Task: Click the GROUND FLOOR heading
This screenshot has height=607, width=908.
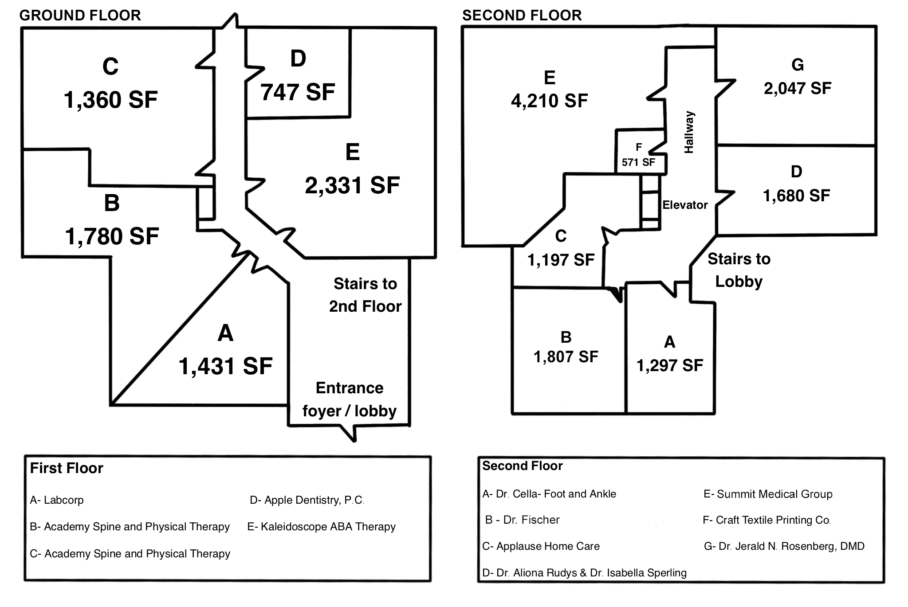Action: [80, 16]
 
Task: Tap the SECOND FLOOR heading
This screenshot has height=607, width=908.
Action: [522, 16]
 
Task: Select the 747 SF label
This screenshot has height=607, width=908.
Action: [298, 92]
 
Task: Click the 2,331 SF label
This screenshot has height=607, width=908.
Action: [352, 185]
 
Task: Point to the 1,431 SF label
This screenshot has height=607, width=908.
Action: [225, 366]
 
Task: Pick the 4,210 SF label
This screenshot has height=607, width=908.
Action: [549, 101]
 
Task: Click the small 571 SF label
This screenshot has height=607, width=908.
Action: [638, 162]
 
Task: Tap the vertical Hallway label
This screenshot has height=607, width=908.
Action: [689, 132]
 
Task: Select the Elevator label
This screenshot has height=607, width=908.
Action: [685, 205]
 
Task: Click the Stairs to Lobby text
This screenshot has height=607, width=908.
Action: [739, 270]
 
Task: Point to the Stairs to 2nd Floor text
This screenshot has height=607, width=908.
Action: [365, 295]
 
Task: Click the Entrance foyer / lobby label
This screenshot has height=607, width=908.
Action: [350, 399]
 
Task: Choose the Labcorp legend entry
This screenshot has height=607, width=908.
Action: [57, 500]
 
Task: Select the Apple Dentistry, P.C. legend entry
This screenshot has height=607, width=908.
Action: [307, 500]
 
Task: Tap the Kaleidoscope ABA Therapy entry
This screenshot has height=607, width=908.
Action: [322, 527]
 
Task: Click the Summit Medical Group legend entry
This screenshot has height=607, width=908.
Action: [768, 494]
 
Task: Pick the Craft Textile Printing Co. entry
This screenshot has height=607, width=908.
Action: [766, 520]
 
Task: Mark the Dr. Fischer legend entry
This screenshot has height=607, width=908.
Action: [523, 520]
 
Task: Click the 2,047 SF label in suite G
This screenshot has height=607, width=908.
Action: [797, 88]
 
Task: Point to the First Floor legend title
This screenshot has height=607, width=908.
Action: [67, 468]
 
